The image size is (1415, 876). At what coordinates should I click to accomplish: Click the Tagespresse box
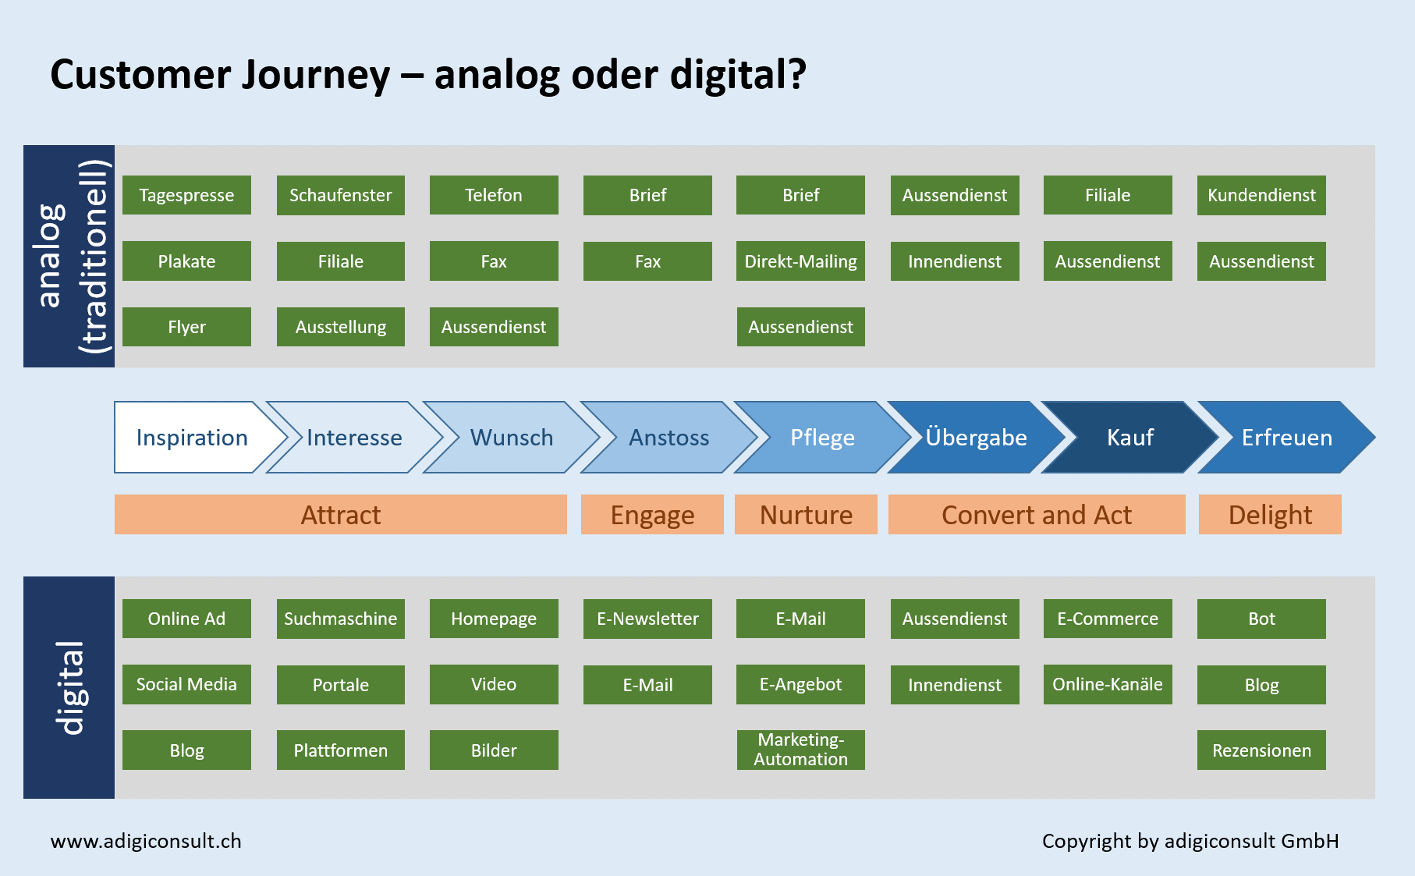[186, 195]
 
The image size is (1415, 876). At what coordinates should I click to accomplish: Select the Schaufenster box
[340, 195]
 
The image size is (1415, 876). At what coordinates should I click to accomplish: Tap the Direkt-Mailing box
[800, 261]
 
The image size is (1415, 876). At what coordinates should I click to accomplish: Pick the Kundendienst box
[1261, 195]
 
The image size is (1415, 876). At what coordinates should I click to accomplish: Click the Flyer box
[186, 327]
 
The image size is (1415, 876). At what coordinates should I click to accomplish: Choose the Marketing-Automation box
[800, 750]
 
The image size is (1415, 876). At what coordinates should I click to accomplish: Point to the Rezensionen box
[1261, 750]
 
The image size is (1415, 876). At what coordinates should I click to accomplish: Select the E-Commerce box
[1108, 619]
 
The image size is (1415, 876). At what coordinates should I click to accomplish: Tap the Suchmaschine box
[340, 619]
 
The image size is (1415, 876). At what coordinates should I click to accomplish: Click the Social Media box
[186, 684]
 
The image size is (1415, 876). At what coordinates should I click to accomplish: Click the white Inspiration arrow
[192, 438]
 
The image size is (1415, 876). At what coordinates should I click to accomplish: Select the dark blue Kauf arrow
[1130, 438]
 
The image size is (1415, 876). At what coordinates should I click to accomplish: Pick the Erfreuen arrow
[1286, 438]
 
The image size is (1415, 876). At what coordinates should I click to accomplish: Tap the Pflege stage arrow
[822, 438]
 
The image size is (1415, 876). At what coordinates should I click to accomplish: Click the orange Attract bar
[340, 515]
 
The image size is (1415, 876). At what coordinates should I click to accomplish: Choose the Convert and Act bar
[1036, 515]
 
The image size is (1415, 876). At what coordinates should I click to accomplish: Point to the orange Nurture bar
[806, 515]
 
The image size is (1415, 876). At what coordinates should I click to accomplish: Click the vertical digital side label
[69, 687]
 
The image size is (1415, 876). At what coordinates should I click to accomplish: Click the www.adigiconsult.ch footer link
[146, 841]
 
